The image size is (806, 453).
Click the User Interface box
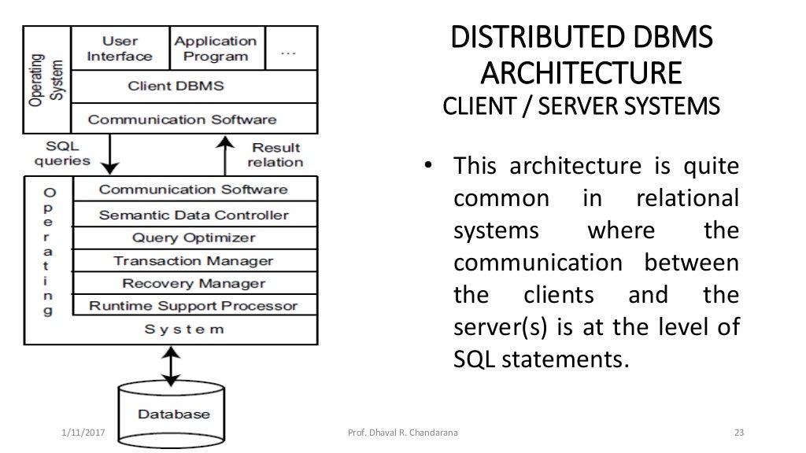pyautogui.click(x=120, y=49)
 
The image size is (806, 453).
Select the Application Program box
pyautogui.click(x=215, y=49)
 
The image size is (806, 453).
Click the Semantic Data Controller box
pyautogui.click(x=194, y=215)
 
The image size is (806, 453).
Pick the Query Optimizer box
pyautogui.click(x=194, y=238)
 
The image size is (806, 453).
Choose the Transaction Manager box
pyautogui.click(x=194, y=260)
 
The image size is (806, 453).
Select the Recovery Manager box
pyautogui.click(x=194, y=283)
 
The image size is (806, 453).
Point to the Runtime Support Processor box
pyautogui.click(x=194, y=305)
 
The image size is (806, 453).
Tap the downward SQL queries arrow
pyautogui.click(x=112, y=154)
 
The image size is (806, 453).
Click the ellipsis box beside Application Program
pyautogui.click(x=288, y=49)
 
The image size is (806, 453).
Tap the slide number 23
pyautogui.click(x=738, y=433)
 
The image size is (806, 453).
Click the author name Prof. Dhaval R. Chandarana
pyautogui.click(x=402, y=433)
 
